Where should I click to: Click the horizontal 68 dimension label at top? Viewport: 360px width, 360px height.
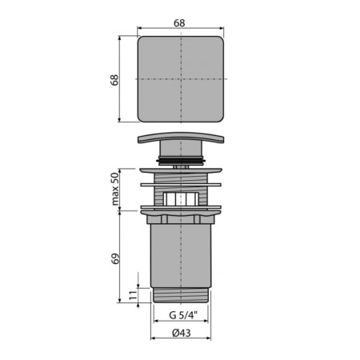click(182, 22)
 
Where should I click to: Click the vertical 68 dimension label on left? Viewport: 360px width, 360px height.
click(114, 79)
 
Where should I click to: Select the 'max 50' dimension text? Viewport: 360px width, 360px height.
click(114, 188)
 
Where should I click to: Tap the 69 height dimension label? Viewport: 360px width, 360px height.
click(114, 258)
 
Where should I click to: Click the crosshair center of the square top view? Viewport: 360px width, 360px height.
click(183, 79)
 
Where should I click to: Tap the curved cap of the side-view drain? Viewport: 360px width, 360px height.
click(183, 138)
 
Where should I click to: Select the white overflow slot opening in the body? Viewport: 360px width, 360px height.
click(183, 199)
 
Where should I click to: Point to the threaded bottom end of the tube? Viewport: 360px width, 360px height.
click(183, 295)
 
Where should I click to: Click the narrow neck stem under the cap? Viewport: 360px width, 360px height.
click(183, 152)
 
